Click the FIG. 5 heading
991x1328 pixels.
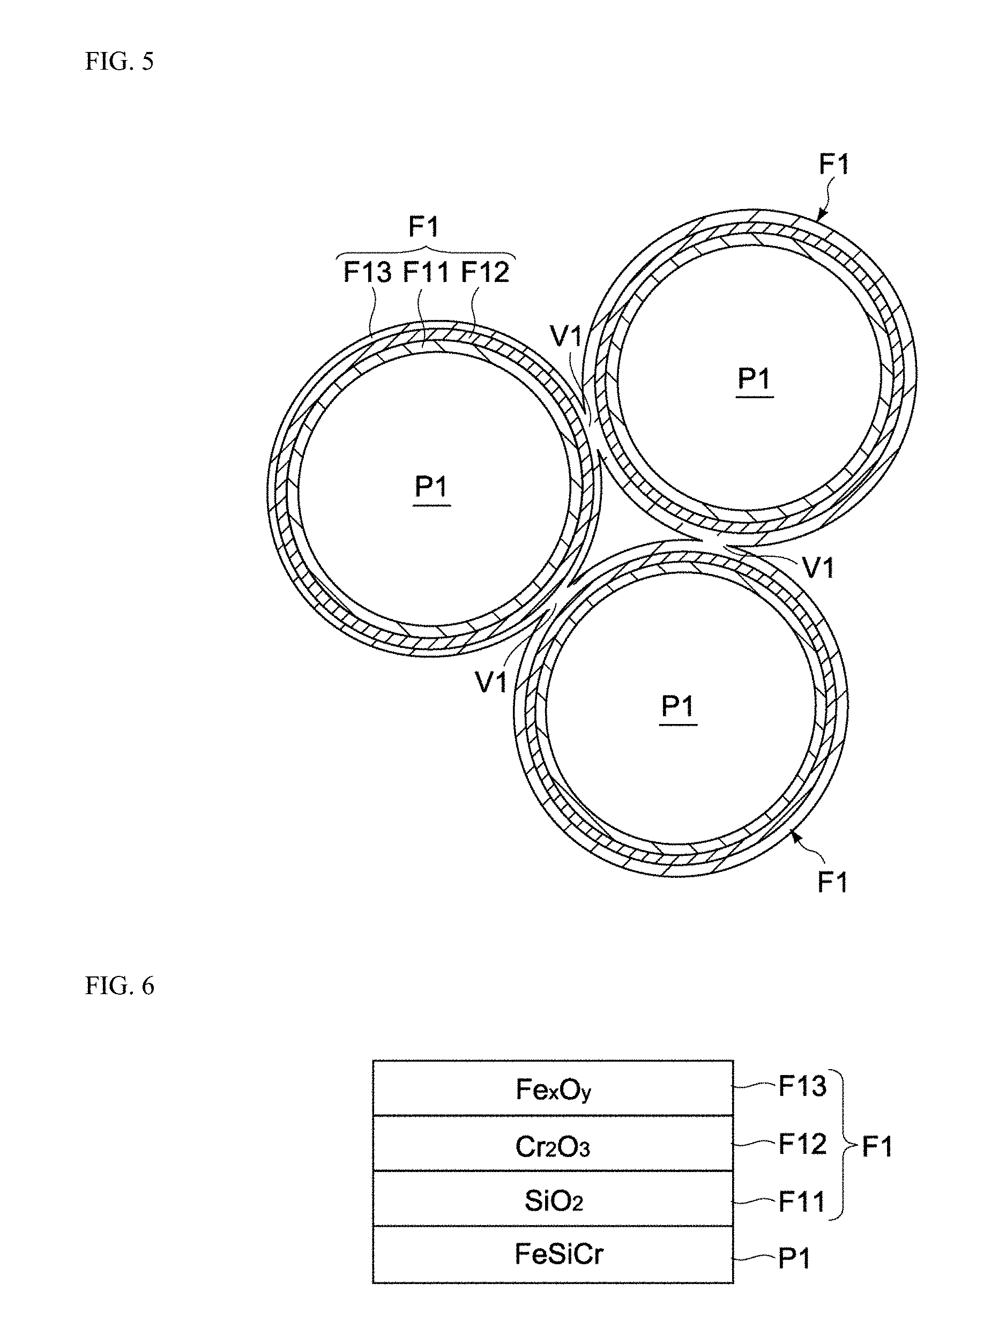click(120, 61)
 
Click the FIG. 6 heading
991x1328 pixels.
click(120, 986)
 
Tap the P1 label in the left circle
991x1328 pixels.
click(431, 486)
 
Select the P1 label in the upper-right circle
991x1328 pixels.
click(754, 378)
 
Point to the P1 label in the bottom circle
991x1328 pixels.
click(678, 705)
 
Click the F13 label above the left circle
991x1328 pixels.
click(367, 272)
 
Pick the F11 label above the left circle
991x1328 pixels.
click(426, 272)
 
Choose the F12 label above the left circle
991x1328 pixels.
click(485, 272)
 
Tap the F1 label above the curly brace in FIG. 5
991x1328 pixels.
click(423, 227)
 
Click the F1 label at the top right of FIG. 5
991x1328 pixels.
click(834, 164)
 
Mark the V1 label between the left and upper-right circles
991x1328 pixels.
click(565, 336)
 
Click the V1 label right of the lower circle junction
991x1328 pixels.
click(818, 568)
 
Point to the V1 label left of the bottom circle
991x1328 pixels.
click(491, 682)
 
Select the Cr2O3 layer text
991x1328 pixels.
click(553, 1147)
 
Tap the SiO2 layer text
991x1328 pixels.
click(553, 1201)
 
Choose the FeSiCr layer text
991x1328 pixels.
click(558, 1254)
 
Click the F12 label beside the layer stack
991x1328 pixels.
click(802, 1144)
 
